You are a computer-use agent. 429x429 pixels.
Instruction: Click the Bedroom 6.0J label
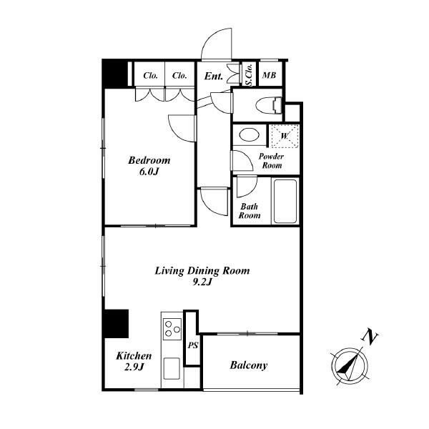coord(149,166)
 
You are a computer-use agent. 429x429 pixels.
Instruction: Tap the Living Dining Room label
coord(202,276)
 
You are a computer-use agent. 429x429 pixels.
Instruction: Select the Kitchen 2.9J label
coord(134,361)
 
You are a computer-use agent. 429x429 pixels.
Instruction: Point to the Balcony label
coord(248,365)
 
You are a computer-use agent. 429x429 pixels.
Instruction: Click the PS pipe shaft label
coord(193,345)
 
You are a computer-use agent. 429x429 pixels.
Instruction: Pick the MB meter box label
coord(269,75)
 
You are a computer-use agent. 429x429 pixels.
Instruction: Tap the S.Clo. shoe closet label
coord(249,75)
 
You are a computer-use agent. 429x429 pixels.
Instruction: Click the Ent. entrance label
coord(213,76)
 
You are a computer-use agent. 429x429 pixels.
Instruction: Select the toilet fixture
coord(269,105)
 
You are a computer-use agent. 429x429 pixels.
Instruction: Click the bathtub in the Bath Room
coord(285,201)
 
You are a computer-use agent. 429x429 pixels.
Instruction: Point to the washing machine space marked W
coord(284,137)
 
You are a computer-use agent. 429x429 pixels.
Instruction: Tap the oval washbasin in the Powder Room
coord(249,135)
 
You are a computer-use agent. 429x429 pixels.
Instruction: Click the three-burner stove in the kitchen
coord(172,329)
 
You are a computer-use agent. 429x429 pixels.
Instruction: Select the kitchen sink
coord(172,368)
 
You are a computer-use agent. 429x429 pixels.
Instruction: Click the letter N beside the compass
coord(370,336)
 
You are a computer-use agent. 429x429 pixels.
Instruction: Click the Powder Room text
coord(271,161)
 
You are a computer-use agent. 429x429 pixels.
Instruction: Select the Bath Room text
coord(250,211)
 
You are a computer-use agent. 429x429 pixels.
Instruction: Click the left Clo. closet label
coord(150,75)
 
